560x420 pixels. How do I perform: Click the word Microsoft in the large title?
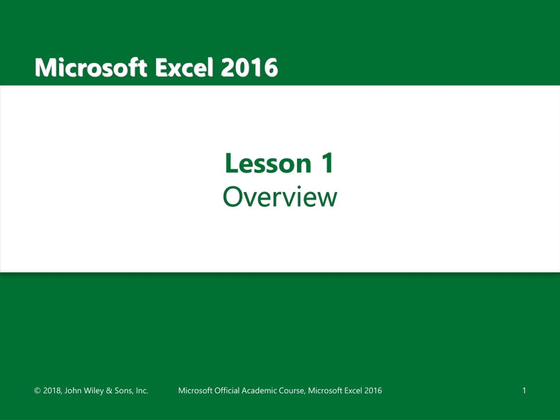(x=91, y=68)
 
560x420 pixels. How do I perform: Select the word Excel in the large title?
(x=184, y=68)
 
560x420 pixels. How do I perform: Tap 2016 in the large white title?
(x=249, y=68)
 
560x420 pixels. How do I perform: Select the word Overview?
(x=280, y=197)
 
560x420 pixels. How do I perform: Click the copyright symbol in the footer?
(x=37, y=391)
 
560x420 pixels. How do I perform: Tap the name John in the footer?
(x=73, y=391)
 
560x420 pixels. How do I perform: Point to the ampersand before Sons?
(x=109, y=391)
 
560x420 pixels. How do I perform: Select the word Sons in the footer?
(x=123, y=391)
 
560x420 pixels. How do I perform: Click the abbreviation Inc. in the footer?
(x=142, y=391)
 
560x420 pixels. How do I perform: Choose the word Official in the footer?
(x=227, y=391)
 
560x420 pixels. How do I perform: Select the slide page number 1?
(x=524, y=391)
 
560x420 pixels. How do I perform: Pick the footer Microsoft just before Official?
(x=195, y=391)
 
